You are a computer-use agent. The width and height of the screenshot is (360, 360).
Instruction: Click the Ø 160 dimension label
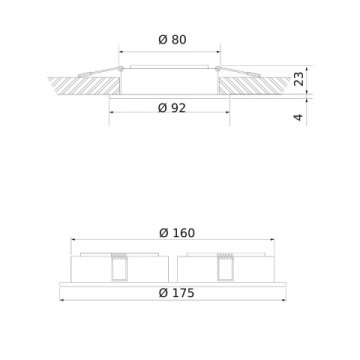(177, 233)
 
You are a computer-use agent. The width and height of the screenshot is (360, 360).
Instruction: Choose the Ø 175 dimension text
(177, 293)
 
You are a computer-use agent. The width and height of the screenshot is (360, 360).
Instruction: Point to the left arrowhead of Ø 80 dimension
(120, 52)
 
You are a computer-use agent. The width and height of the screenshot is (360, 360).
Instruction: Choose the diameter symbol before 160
(162, 233)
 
